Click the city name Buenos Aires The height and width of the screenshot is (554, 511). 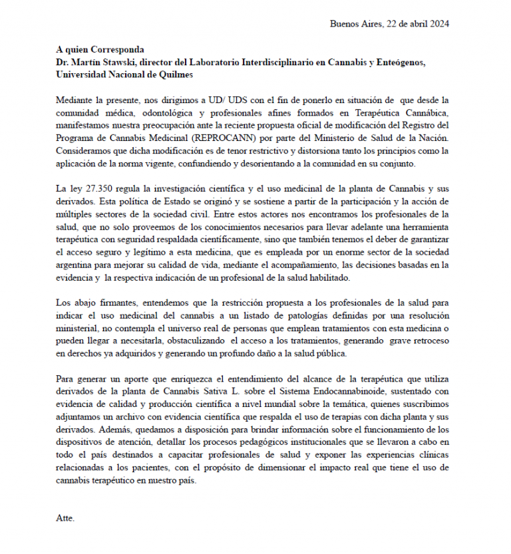pyautogui.click(x=356, y=24)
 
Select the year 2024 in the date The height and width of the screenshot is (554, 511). pyautogui.click(x=438, y=24)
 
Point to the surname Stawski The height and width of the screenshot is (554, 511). pyautogui.click(x=132, y=62)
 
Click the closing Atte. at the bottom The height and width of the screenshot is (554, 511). pyautogui.click(x=65, y=517)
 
